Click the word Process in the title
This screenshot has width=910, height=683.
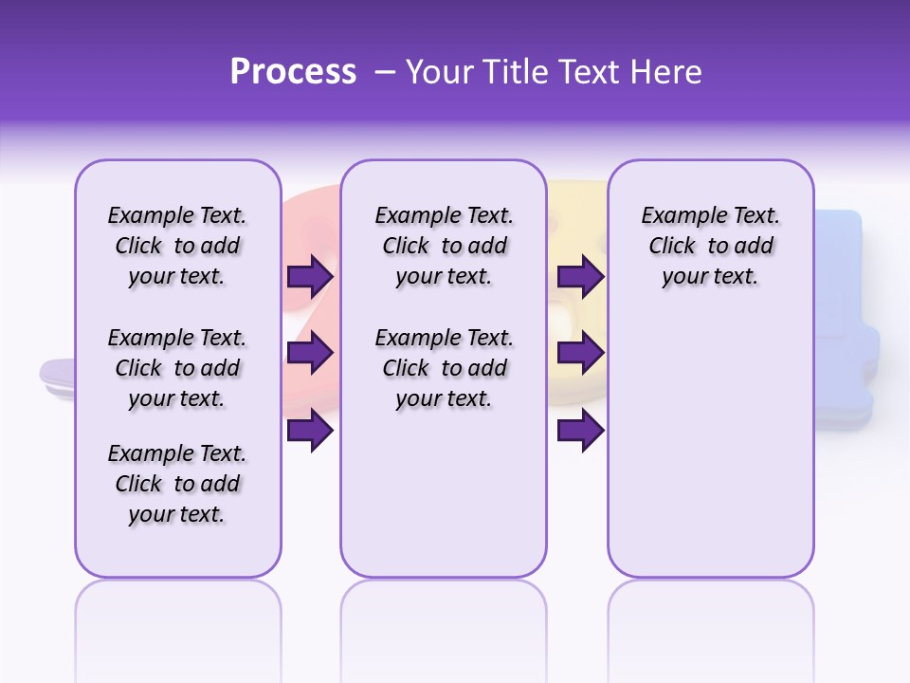click(x=293, y=72)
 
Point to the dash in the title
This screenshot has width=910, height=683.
click(x=385, y=73)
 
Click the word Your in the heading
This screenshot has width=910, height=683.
click(x=440, y=72)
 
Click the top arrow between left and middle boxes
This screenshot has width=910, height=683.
click(x=310, y=277)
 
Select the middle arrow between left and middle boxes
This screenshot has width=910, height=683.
click(x=310, y=354)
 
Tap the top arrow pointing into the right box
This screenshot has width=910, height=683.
click(x=580, y=277)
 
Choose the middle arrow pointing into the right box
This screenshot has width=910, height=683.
click(x=580, y=354)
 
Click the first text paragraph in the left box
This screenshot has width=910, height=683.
click(x=177, y=246)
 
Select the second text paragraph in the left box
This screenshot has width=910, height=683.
click(x=177, y=368)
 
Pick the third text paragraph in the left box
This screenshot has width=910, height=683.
click(x=177, y=484)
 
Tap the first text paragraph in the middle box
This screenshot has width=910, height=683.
click(x=444, y=246)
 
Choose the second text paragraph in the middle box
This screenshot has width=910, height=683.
click(x=444, y=368)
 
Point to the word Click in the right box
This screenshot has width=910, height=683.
click(x=672, y=247)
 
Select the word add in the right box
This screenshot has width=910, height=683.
click(x=755, y=247)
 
